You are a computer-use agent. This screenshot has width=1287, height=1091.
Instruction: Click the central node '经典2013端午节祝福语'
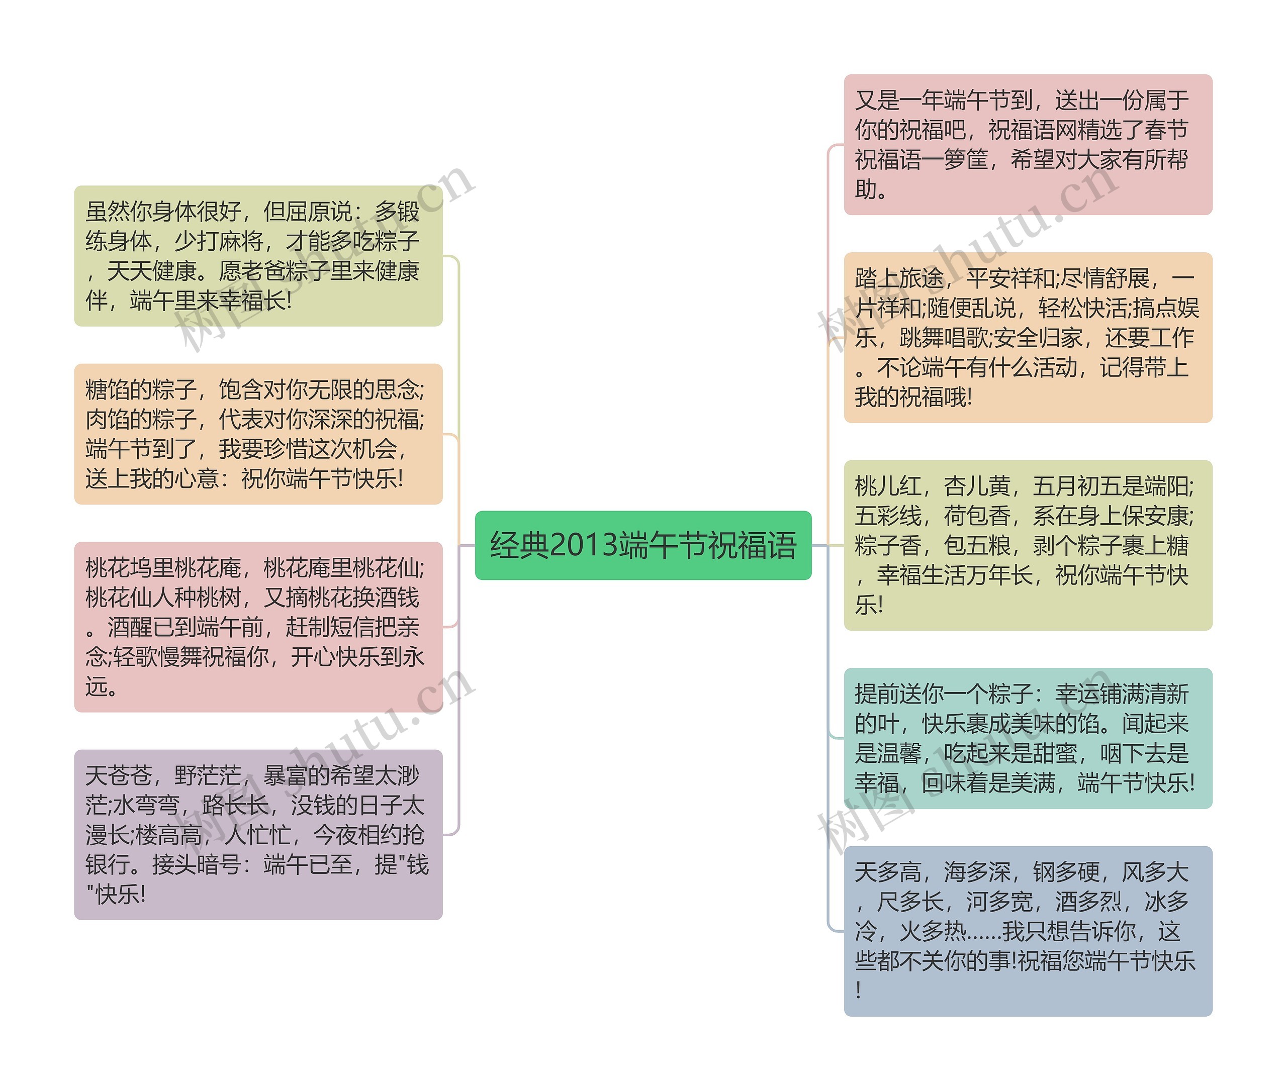click(642, 546)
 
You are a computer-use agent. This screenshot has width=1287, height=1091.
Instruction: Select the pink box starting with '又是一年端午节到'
click(1027, 145)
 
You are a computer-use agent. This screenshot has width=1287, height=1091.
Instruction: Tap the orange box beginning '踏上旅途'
click(1027, 338)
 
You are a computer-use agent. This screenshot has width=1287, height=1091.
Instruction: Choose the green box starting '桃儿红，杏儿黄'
click(1027, 546)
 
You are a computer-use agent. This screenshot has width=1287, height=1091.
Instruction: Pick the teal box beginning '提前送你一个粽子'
click(1027, 738)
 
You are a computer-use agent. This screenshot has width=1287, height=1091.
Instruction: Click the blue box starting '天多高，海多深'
click(1027, 931)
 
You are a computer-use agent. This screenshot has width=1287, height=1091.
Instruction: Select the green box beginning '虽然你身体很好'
click(258, 256)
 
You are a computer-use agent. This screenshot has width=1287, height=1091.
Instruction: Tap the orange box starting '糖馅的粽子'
click(258, 434)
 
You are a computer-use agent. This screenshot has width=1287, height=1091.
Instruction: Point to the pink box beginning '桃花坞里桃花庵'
click(258, 627)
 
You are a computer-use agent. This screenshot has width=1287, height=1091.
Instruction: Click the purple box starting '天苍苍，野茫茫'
click(258, 835)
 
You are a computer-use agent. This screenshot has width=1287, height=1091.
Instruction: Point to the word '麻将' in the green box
click(241, 242)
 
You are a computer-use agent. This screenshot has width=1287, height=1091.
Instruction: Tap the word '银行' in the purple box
click(107, 865)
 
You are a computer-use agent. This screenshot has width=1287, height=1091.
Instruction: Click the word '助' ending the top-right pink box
click(866, 190)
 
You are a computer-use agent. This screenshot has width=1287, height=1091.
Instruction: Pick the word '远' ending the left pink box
click(96, 687)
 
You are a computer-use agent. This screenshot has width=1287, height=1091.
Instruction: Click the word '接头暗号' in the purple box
click(196, 865)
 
